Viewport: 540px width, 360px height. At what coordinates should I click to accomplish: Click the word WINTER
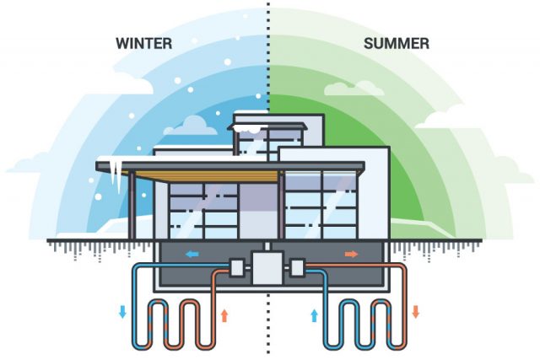[144, 44]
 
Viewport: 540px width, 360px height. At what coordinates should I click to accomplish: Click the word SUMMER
[397, 44]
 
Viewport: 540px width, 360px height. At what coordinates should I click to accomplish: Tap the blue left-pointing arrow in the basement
[192, 255]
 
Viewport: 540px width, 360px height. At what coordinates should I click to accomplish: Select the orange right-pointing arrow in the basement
[351, 255]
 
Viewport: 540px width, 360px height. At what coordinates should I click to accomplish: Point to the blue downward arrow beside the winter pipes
[122, 311]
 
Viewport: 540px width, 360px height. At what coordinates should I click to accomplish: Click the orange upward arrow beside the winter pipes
[224, 315]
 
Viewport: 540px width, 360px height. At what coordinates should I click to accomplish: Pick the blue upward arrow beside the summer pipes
[314, 315]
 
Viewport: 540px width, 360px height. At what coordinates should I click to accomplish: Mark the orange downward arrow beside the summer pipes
[416, 311]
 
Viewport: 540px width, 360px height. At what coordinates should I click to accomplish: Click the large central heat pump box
[267, 268]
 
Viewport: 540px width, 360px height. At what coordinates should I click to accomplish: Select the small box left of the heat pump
[237, 267]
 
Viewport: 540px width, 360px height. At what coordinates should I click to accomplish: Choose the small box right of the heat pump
[297, 267]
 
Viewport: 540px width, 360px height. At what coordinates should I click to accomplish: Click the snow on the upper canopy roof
[246, 129]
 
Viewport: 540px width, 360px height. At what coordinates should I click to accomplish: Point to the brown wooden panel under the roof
[207, 176]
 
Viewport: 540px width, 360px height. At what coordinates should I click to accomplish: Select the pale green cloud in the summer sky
[354, 89]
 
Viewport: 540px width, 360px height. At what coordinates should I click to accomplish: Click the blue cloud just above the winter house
[191, 126]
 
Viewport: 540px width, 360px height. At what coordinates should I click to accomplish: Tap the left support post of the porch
[132, 205]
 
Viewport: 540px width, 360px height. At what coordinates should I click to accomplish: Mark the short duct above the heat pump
[267, 247]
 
